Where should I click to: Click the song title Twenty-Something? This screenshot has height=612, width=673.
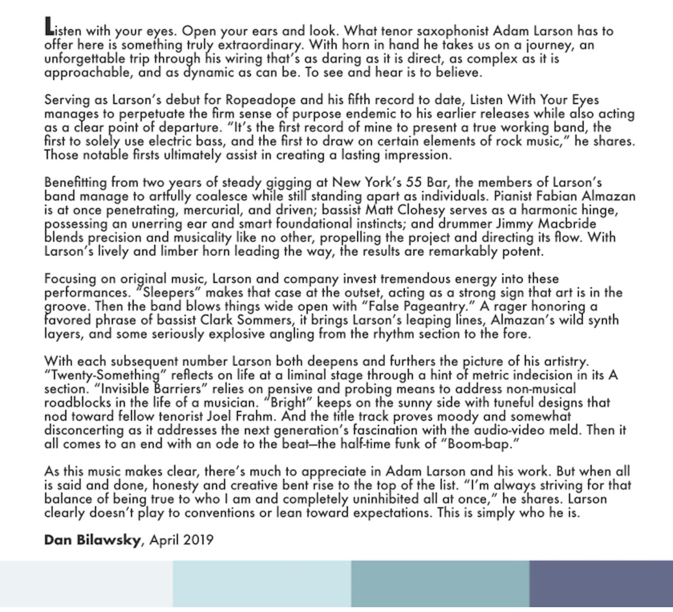tap(93, 374)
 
